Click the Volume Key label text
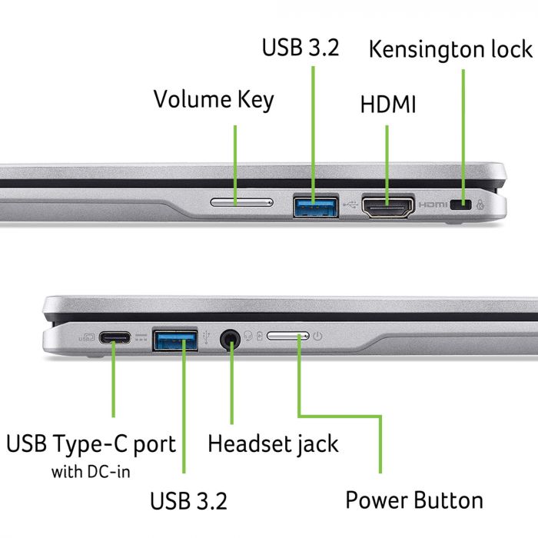pos(213,99)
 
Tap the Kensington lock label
pos(450,49)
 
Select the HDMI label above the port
pos(388,105)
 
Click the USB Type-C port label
pos(91,443)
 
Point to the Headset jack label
pos(273,443)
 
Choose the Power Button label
pos(414,500)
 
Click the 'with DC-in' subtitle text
pos(91,471)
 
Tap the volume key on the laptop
pos(241,203)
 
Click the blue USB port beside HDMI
pos(315,205)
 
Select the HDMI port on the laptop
pos(388,206)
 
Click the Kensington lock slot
pos(462,204)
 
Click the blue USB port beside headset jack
pos(175,339)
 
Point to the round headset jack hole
pos(229,337)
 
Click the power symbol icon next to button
pos(317,336)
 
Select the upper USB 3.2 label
pos(301,48)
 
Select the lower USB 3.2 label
pos(188,501)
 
